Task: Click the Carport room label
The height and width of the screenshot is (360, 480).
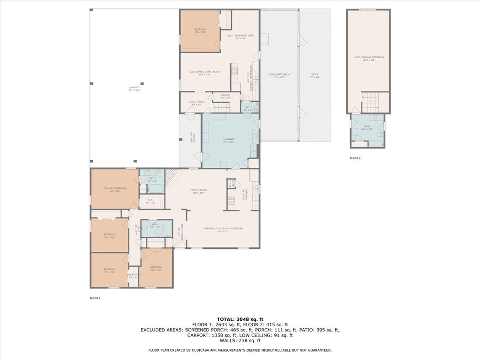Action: [135, 88]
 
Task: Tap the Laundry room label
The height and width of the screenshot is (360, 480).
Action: [229, 140]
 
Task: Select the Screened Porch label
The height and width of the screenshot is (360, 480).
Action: [279, 75]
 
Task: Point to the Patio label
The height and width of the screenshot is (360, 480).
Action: [314, 75]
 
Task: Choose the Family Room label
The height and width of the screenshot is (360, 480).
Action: [199, 191]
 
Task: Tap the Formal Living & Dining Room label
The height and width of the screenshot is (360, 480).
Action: [223, 229]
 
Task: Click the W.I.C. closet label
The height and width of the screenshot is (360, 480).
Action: [150, 203]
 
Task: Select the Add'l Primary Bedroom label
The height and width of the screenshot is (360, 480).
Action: [368, 58]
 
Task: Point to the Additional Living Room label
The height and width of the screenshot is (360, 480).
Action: [204, 73]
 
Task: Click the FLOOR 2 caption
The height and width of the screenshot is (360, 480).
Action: [355, 158]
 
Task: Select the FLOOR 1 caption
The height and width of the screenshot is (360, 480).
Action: [95, 298]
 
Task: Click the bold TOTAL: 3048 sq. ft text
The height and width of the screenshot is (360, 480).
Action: [240, 319]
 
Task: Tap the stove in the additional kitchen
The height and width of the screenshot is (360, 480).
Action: [234, 72]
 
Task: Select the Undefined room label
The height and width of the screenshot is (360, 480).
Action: [134, 276]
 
